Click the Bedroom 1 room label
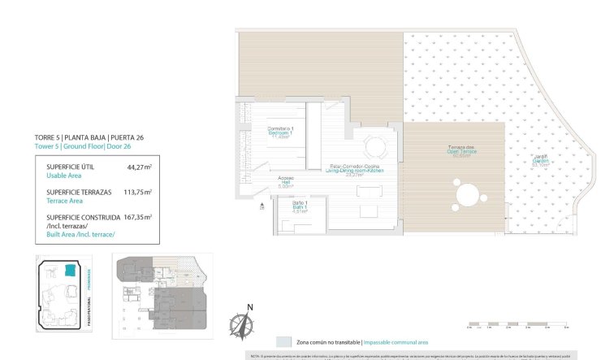click(280, 133)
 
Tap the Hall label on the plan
click(285, 184)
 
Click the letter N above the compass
click(250, 306)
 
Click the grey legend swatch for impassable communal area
click(283, 342)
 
